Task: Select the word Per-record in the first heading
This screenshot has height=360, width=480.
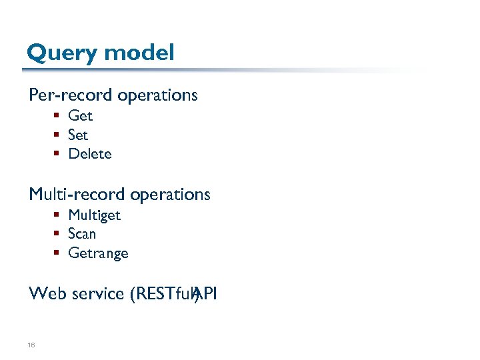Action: pyautogui.click(x=71, y=95)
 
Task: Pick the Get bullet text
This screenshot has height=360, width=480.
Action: pyautogui.click(x=80, y=116)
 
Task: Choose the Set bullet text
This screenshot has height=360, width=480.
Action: pyautogui.click(x=78, y=135)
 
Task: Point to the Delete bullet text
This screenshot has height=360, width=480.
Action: pyautogui.click(x=90, y=154)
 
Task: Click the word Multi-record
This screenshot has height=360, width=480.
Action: pyautogui.click(x=77, y=195)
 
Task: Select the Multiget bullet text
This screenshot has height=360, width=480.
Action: pyautogui.click(x=94, y=215)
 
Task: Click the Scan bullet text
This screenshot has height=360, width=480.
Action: pyautogui.click(x=82, y=234)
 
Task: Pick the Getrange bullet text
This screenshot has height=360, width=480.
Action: pyautogui.click(x=98, y=253)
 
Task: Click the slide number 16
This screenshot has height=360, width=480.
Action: pyautogui.click(x=31, y=345)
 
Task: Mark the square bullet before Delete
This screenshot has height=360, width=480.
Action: pyautogui.click(x=58, y=154)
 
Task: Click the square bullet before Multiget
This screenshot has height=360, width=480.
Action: pyautogui.click(x=58, y=215)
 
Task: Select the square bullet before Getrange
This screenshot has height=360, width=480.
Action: pyautogui.click(x=58, y=253)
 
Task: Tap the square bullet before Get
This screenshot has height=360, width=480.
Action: pyautogui.click(x=58, y=116)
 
